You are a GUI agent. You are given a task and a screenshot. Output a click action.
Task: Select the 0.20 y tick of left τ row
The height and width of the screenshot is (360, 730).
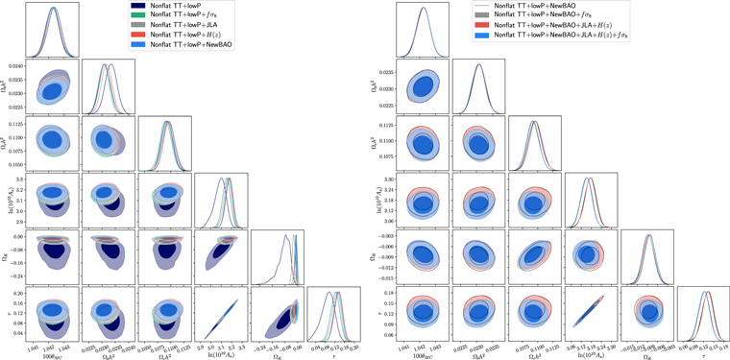[x=16, y=291]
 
